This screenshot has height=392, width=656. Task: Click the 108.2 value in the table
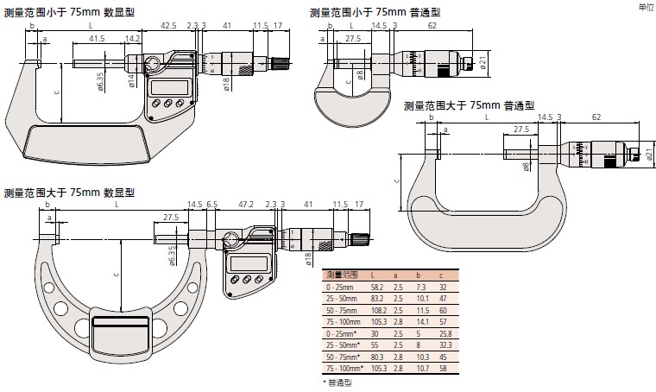tap(377, 308)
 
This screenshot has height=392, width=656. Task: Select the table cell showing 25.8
tap(443, 332)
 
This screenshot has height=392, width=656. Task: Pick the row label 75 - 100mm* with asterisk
tap(344, 368)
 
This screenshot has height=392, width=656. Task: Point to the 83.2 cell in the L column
tap(377, 296)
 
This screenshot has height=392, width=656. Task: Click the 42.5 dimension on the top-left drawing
tap(168, 27)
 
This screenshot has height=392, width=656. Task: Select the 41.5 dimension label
tap(97, 39)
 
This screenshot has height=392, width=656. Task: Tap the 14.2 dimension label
tap(133, 39)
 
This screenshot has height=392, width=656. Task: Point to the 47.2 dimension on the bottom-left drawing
tap(245, 205)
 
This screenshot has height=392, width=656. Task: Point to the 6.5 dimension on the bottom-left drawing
tap(211, 205)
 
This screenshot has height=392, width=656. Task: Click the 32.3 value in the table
tap(443, 345)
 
